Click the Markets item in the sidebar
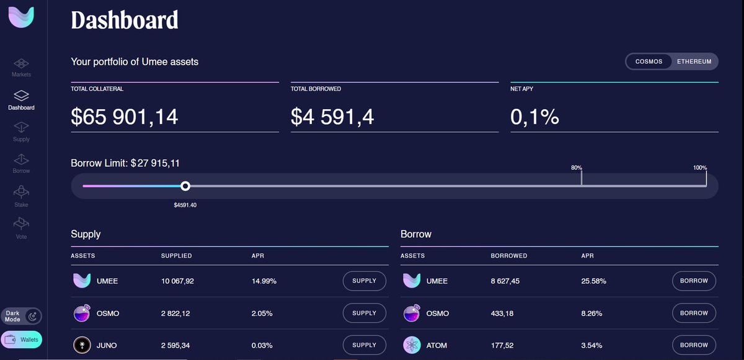(x=21, y=68)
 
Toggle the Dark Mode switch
(x=33, y=316)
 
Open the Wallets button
(x=22, y=340)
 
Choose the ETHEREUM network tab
(x=694, y=62)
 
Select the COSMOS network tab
(x=649, y=62)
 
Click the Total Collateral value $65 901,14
(x=125, y=116)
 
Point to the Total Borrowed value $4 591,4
(x=332, y=116)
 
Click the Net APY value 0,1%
(x=534, y=116)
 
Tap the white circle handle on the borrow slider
(x=185, y=186)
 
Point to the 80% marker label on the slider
(x=577, y=168)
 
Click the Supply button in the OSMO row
(x=364, y=313)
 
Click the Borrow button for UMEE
(x=694, y=281)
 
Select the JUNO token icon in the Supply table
(x=82, y=345)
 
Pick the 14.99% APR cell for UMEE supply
(x=264, y=281)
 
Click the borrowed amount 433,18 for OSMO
(x=503, y=314)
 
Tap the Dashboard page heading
(x=125, y=20)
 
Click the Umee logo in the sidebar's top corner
(x=21, y=17)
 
